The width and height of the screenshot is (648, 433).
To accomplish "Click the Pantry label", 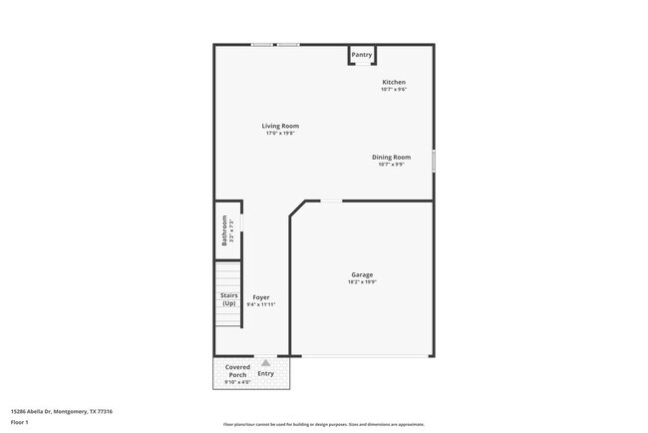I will click(361, 55).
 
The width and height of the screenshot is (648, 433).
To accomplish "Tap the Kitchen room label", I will click(394, 82).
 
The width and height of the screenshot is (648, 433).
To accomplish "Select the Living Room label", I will click(280, 126).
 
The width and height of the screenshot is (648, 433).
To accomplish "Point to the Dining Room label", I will click(391, 157).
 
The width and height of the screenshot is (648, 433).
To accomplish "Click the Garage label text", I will click(362, 274).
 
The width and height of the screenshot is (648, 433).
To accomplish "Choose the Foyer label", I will click(261, 297).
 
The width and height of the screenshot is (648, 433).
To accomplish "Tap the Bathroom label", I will click(225, 230).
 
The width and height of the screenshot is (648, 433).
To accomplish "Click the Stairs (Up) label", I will click(228, 299).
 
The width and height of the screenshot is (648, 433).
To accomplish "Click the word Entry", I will click(265, 373).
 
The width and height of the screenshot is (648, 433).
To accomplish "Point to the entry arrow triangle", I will click(265, 363).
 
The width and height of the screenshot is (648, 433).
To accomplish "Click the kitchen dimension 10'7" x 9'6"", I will click(394, 90).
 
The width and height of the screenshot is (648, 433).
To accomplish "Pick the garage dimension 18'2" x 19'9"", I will click(362, 282).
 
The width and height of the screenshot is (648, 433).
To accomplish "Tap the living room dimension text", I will click(280, 134).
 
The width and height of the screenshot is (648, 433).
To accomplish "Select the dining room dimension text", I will click(391, 165).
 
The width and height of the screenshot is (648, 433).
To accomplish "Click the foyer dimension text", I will click(261, 305).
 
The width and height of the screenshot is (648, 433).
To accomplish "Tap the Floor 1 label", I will click(20, 422).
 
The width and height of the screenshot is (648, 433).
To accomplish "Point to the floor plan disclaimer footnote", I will click(324, 423).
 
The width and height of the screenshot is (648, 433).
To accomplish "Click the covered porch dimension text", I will click(237, 382).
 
